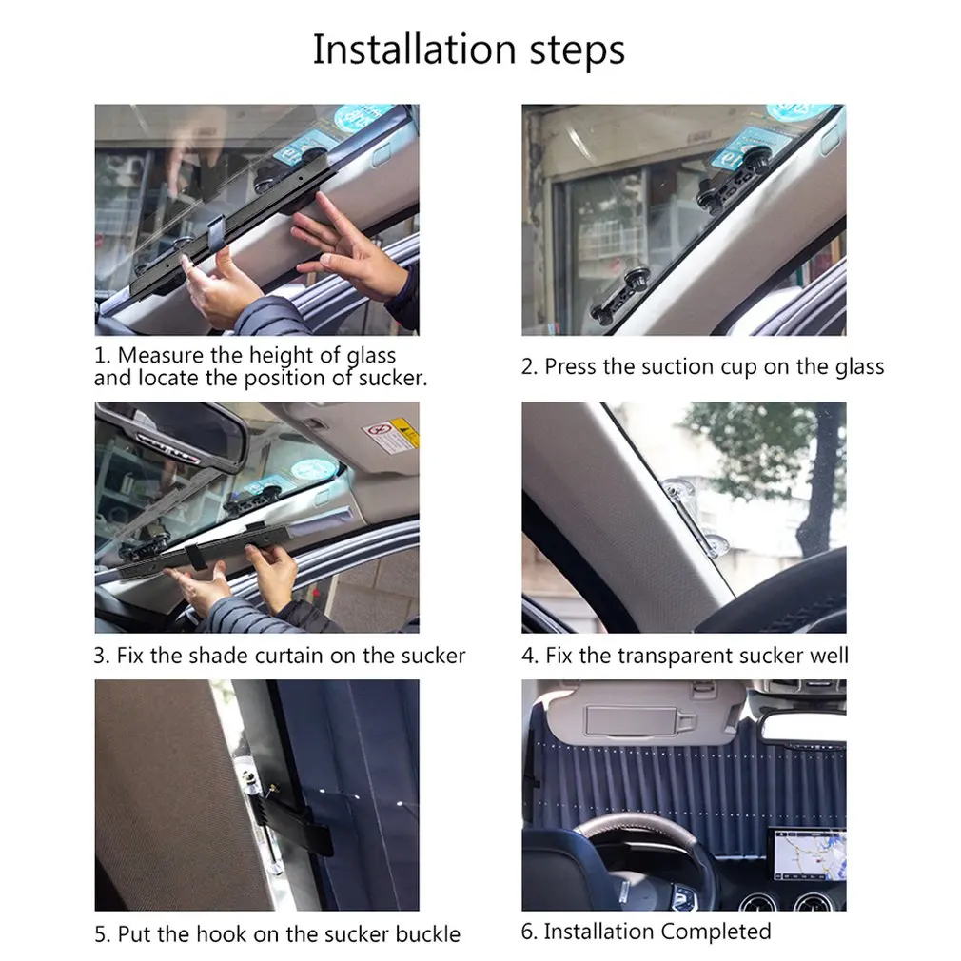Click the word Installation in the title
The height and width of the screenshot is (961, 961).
pos(414,49)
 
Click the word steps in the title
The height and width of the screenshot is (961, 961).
pos(578,50)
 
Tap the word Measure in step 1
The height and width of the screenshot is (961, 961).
pos(161,355)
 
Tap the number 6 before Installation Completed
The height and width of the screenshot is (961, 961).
pos(527,932)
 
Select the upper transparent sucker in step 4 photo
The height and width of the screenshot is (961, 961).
pos(678,493)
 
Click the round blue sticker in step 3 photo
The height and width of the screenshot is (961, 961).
pos(314,471)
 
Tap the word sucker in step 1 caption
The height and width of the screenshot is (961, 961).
pos(392,378)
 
